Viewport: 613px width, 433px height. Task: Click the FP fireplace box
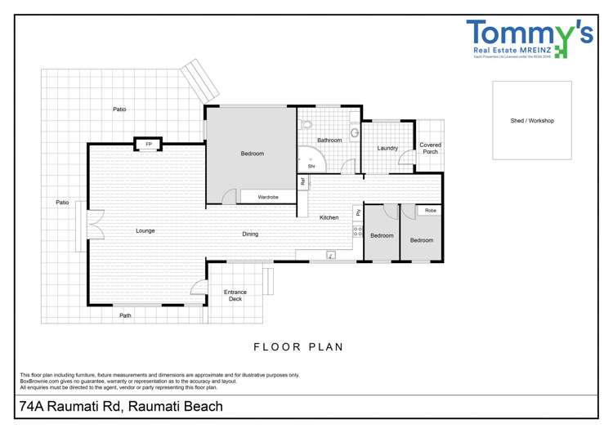(149, 145)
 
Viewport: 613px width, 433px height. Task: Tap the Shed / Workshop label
(531, 121)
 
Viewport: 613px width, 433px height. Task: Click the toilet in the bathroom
(305, 124)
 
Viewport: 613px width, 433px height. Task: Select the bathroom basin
(354, 132)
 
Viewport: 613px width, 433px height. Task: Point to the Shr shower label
(311, 166)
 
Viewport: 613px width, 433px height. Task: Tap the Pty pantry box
(358, 212)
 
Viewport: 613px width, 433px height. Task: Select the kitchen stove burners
(357, 231)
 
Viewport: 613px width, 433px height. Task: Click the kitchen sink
(331, 255)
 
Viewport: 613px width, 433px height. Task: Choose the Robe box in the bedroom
(430, 211)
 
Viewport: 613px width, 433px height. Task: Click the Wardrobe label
(268, 197)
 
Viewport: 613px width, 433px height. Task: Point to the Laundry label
(387, 149)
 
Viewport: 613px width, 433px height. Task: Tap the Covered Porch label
(430, 149)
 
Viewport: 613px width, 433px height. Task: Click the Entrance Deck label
(235, 296)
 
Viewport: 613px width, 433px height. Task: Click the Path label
(125, 315)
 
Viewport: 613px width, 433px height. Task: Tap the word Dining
(250, 234)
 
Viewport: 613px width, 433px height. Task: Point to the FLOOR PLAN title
(298, 347)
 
